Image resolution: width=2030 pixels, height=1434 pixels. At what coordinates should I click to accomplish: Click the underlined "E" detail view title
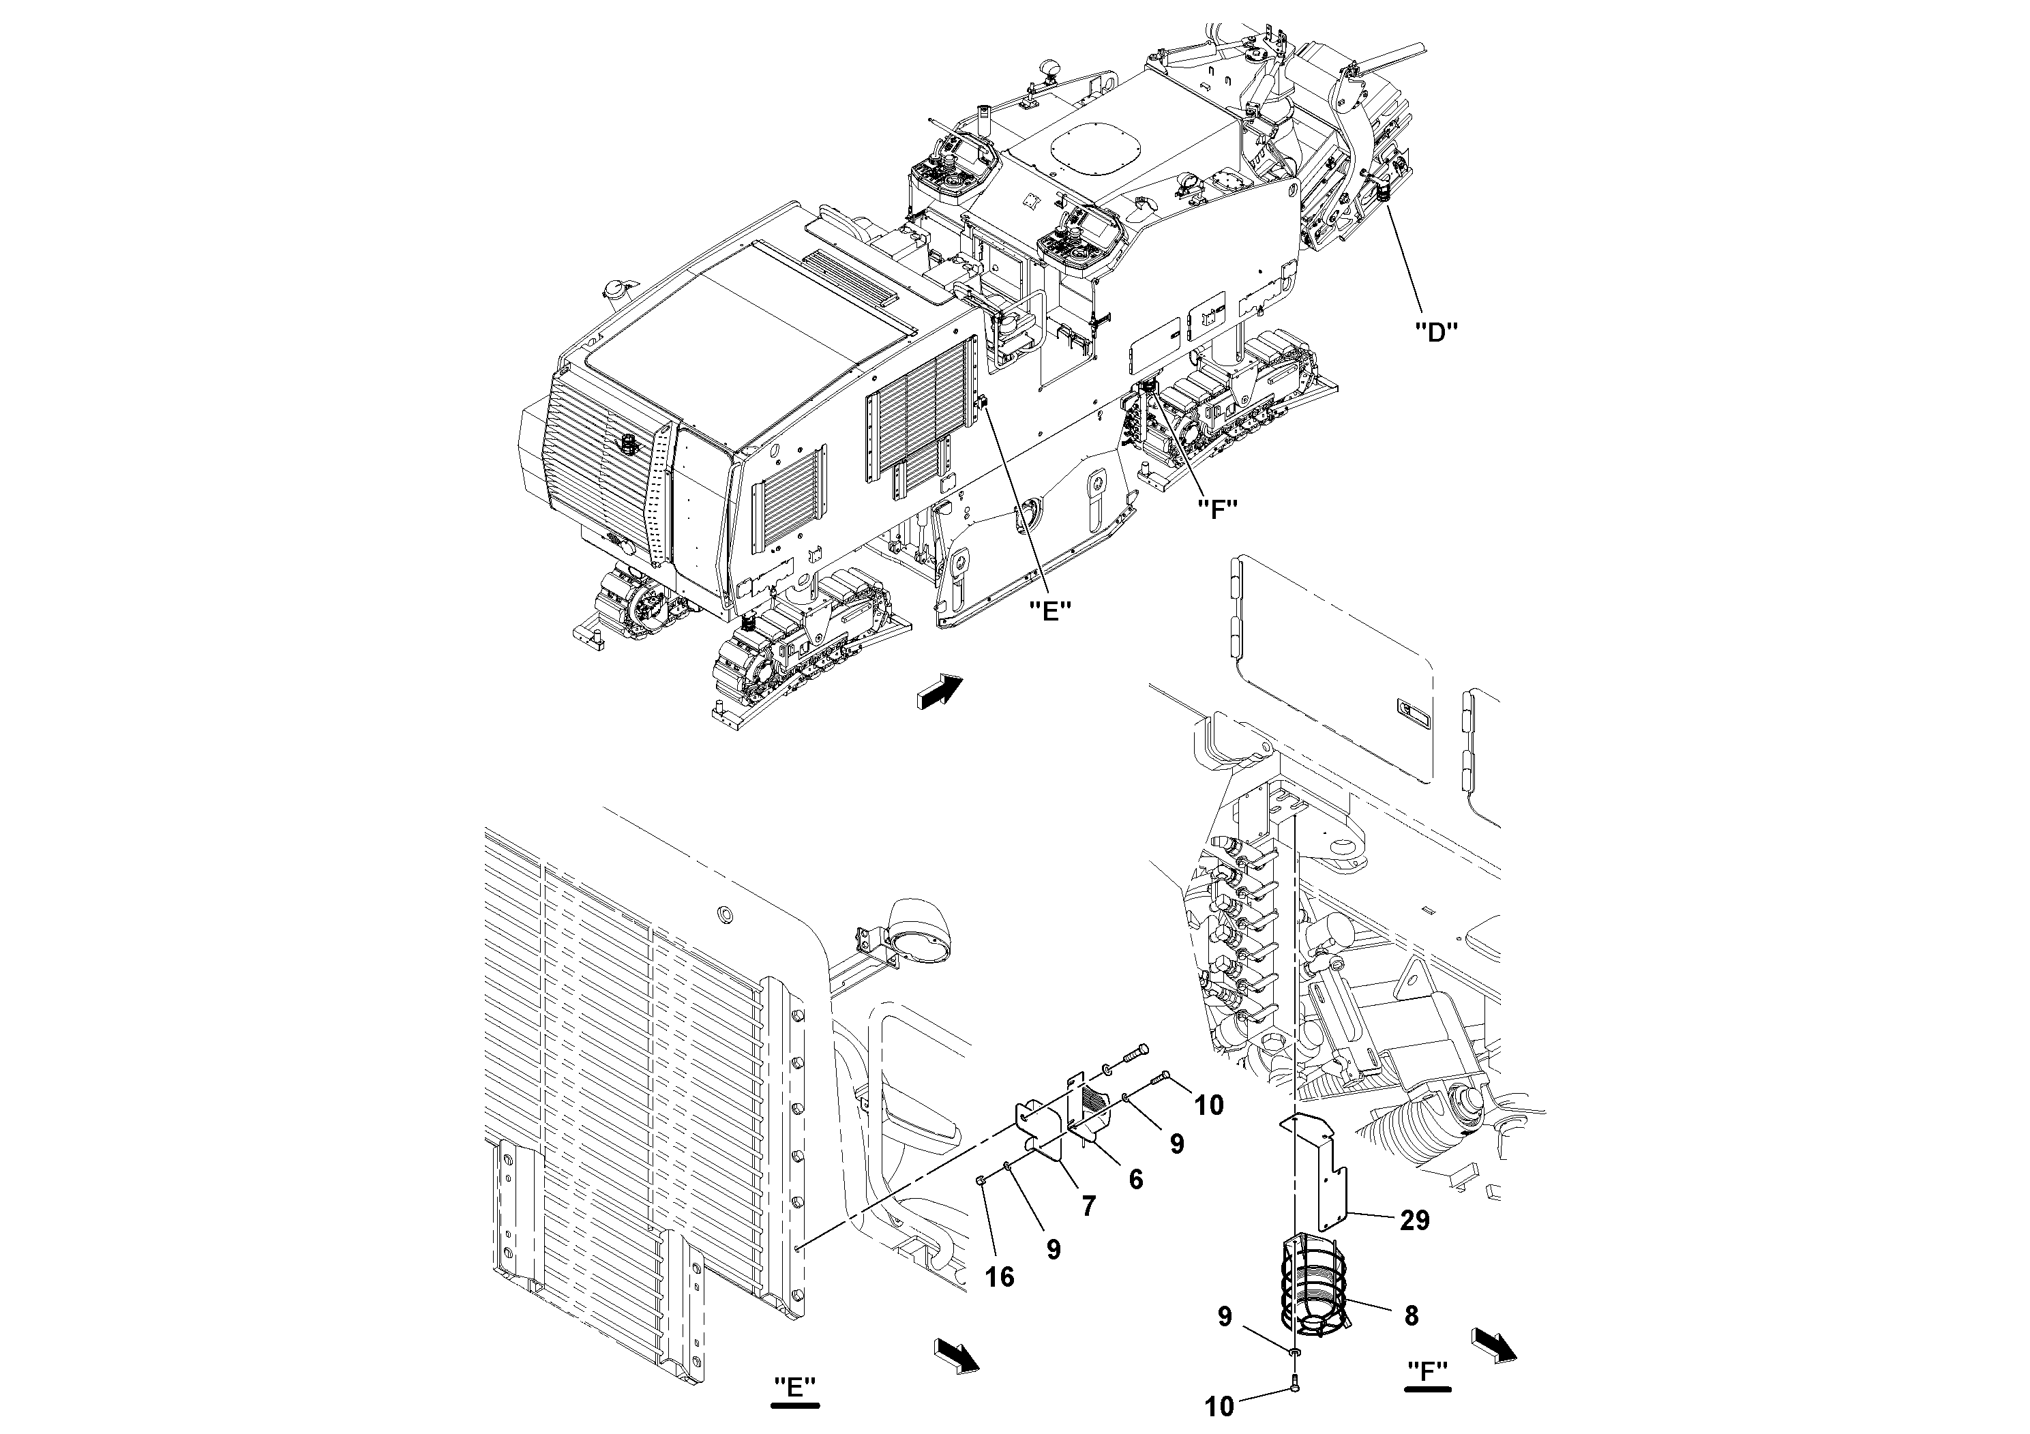click(794, 1387)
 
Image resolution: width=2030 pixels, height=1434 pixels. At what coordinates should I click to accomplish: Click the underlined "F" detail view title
click(1426, 1371)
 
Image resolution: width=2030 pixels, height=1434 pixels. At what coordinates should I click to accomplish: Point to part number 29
click(1415, 1221)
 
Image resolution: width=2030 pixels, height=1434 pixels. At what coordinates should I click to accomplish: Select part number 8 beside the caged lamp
click(1411, 1315)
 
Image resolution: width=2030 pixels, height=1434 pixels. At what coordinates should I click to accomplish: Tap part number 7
click(1088, 1205)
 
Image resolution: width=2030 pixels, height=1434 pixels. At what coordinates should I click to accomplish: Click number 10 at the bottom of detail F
click(1219, 1407)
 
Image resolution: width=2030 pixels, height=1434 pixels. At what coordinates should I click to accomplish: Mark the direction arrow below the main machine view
click(939, 689)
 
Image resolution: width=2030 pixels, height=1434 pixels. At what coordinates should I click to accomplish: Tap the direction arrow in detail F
click(1494, 1345)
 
